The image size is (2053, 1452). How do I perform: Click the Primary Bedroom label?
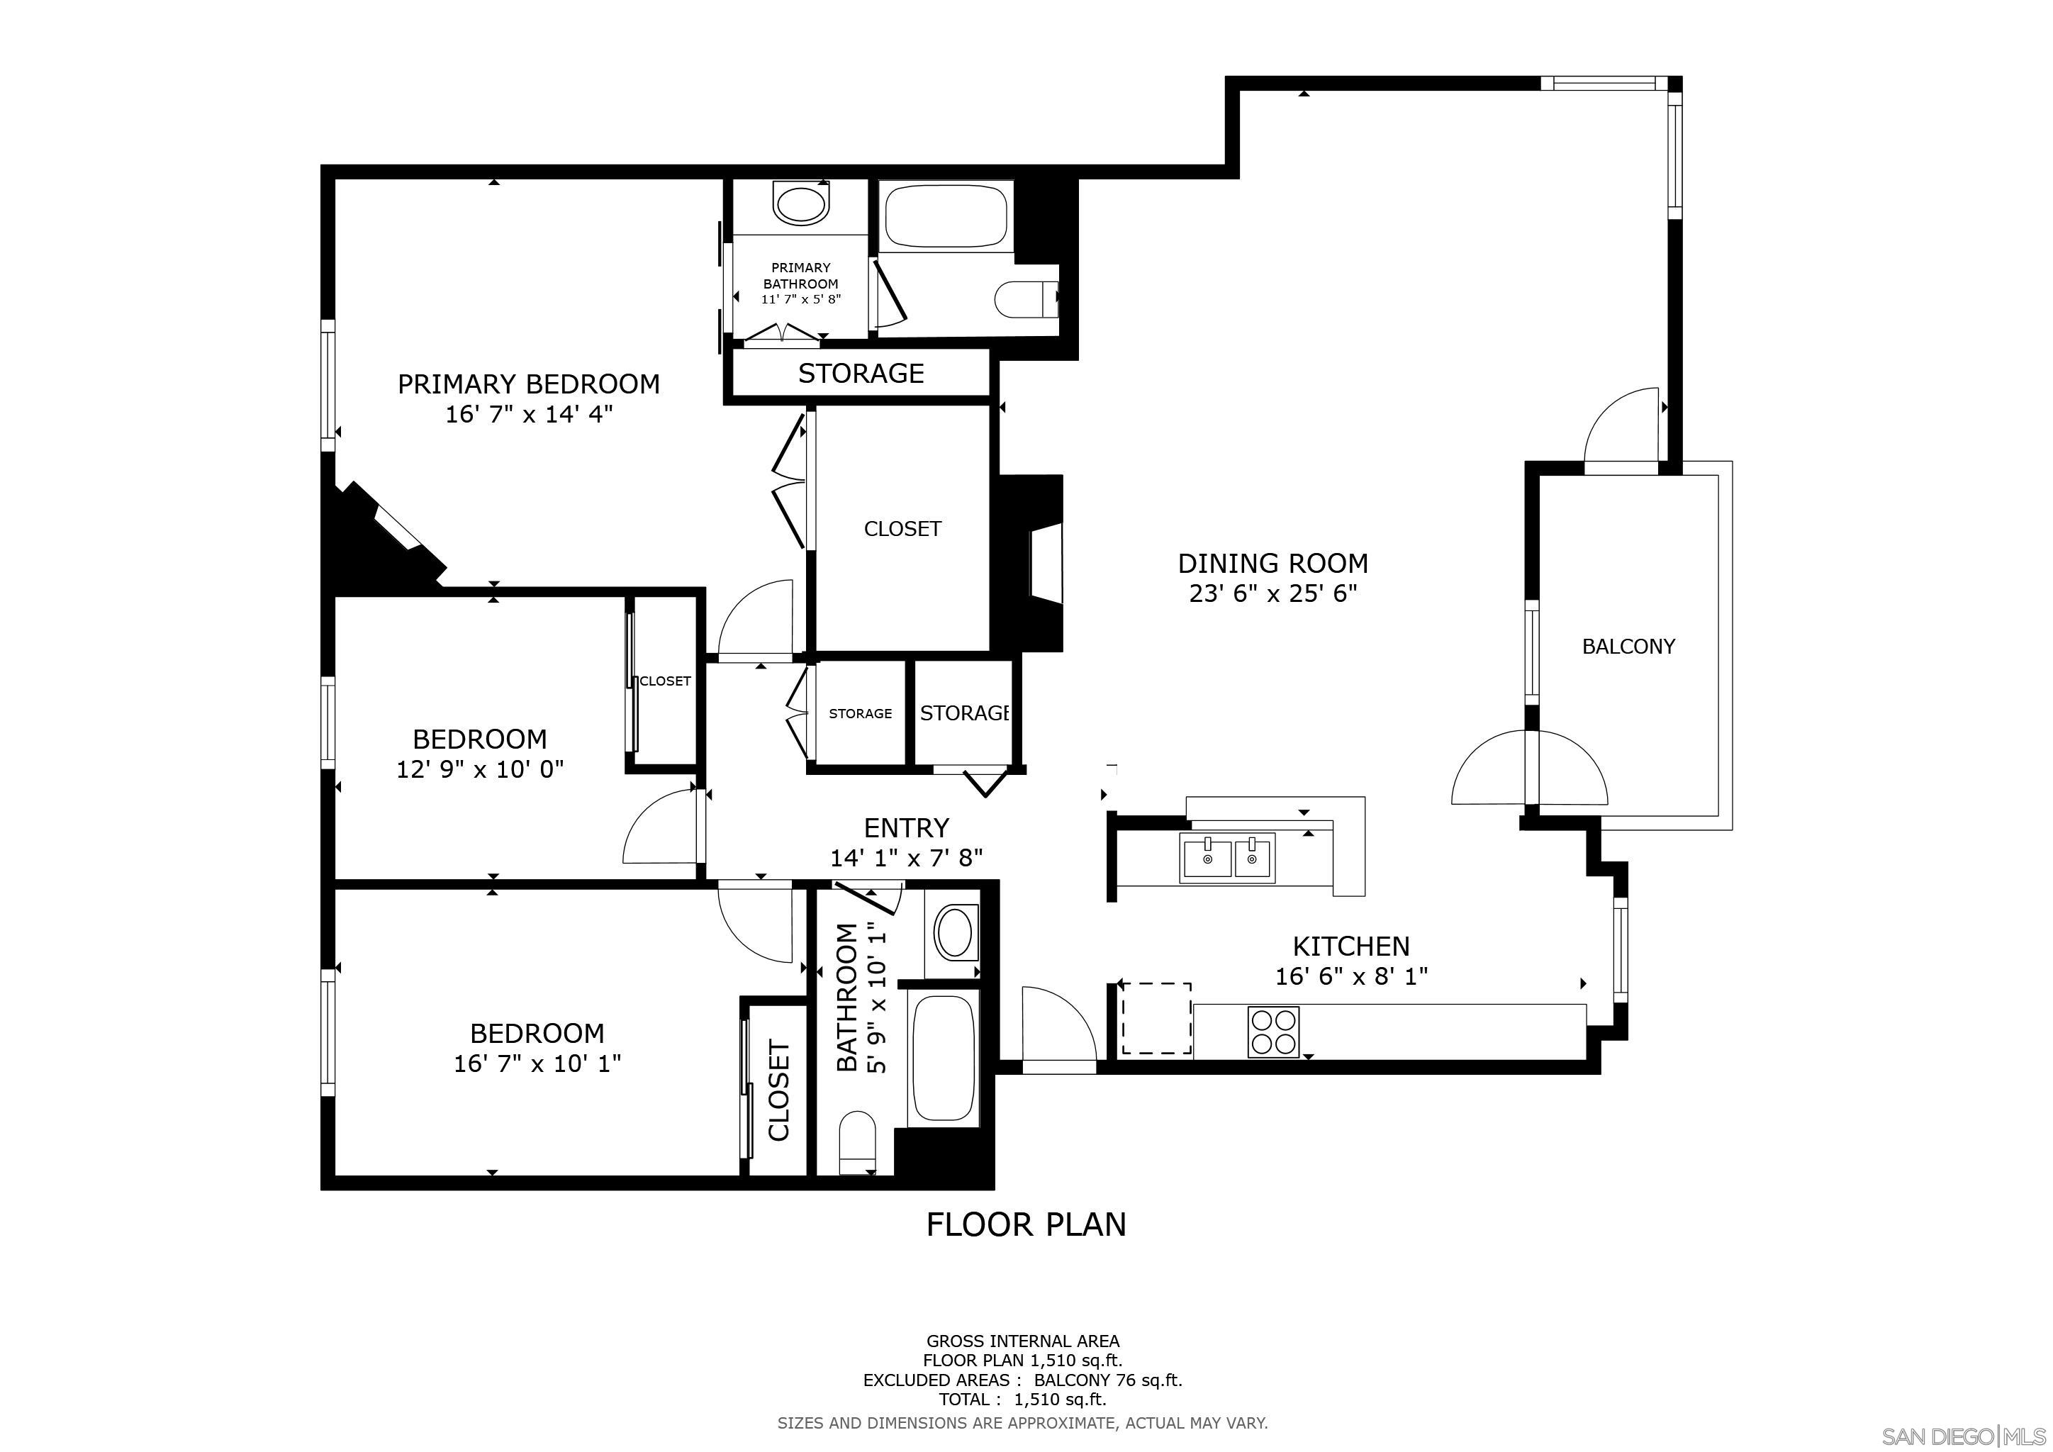coord(528,384)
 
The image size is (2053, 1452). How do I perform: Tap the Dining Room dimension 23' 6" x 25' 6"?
coord(1272,593)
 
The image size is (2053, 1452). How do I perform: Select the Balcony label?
coord(1628,647)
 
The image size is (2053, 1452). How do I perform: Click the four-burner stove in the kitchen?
coord(1273,1033)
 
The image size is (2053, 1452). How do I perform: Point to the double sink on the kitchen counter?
coord(1228,859)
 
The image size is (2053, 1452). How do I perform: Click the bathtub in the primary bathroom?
coord(946,216)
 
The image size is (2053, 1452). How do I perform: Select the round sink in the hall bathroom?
coord(955,932)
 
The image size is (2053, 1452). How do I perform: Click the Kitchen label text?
coord(1350,946)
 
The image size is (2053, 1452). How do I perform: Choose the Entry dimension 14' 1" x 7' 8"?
coord(906,859)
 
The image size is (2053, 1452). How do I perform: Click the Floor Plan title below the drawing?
coord(1026,1224)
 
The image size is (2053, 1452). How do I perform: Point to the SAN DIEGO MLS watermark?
coord(1964,1436)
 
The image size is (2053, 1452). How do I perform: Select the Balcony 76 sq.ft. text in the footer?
coord(1107,1380)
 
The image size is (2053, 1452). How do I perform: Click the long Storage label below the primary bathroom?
coord(860,373)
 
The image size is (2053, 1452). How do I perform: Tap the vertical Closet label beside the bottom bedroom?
coord(779,1091)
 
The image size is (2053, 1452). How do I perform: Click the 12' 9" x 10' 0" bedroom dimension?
coord(479,770)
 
